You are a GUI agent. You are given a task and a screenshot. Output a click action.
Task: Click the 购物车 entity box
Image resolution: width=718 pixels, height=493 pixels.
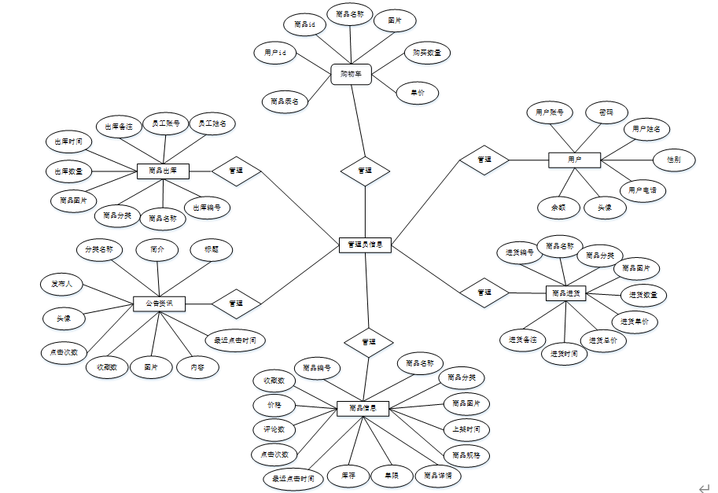pos(351,74)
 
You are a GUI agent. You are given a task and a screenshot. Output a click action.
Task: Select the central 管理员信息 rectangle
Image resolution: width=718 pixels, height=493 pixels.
pos(365,245)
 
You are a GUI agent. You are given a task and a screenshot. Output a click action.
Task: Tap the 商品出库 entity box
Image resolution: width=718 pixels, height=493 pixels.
pos(163,171)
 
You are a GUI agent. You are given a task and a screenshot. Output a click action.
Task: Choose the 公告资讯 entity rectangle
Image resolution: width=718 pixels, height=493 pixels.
pos(159,303)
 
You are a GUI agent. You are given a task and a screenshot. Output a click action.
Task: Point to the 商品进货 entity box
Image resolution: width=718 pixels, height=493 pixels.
pos(566,292)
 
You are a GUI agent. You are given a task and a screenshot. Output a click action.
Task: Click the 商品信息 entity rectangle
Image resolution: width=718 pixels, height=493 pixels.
pos(363,408)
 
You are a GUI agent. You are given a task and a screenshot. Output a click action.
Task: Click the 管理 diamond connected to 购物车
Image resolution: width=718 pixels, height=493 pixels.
pos(365,171)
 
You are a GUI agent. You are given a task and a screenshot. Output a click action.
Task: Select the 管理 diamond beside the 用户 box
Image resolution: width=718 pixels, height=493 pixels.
pos(484,160)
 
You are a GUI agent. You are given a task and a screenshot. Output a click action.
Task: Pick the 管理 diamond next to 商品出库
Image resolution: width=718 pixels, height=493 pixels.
pos(236,171)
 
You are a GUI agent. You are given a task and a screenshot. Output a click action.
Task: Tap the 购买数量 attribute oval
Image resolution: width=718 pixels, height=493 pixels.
pos(427,53)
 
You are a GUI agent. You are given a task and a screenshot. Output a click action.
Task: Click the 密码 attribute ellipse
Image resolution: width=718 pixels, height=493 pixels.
pos(606,112)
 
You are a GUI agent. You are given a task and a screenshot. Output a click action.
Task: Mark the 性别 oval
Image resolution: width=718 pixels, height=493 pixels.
pos(673,160)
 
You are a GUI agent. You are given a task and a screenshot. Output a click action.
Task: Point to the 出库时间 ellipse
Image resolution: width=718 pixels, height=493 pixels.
pos(69,142)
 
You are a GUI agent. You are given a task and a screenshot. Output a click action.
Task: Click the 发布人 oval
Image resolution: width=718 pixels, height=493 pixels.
pos(62,284)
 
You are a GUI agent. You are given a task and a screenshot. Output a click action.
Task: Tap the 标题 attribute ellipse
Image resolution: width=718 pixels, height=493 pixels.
pos(212,250)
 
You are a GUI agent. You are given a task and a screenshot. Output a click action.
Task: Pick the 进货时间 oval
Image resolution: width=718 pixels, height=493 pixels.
pos(564,354)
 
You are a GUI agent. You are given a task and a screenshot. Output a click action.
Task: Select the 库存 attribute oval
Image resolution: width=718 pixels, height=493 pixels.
pos(348,475)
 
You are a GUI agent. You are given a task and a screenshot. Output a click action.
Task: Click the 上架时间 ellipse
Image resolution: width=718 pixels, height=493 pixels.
pos(466,430)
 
